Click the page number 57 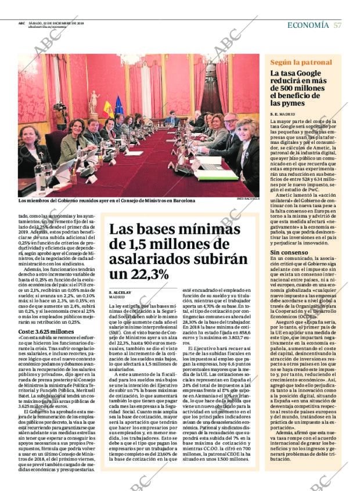pos(337,25)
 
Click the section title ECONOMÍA pos(308,25)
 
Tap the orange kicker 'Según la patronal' pos(301,62)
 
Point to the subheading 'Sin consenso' pos(289,252)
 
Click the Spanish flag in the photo pos(108,109)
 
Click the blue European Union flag pos(119,106)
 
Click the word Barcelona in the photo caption pos(180,201)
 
